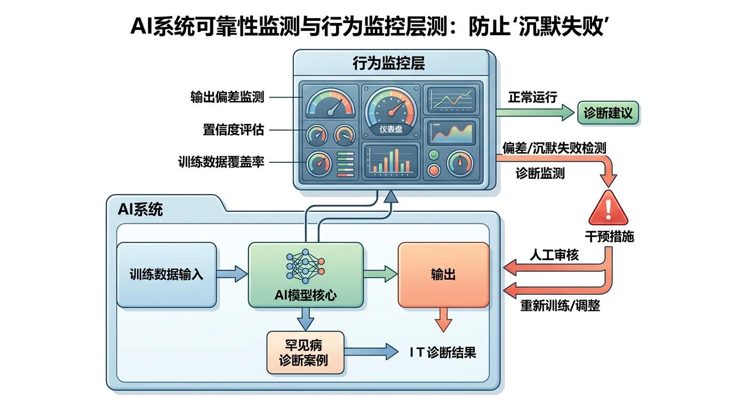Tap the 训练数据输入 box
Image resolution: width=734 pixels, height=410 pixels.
166,275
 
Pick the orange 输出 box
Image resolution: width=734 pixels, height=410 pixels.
443,275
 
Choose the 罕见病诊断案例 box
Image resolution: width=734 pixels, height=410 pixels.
305,352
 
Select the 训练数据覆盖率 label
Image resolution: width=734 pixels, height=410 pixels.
221,162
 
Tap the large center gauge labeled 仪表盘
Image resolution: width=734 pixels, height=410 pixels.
391,109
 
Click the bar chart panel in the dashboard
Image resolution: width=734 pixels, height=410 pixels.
390,161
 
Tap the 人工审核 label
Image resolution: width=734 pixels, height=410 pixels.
554,255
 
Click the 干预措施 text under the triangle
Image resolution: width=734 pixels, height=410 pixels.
609,236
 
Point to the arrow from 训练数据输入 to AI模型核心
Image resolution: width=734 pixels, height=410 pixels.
233,275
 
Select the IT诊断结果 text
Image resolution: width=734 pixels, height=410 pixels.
443,352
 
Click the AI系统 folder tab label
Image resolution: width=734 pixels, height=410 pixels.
140,210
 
